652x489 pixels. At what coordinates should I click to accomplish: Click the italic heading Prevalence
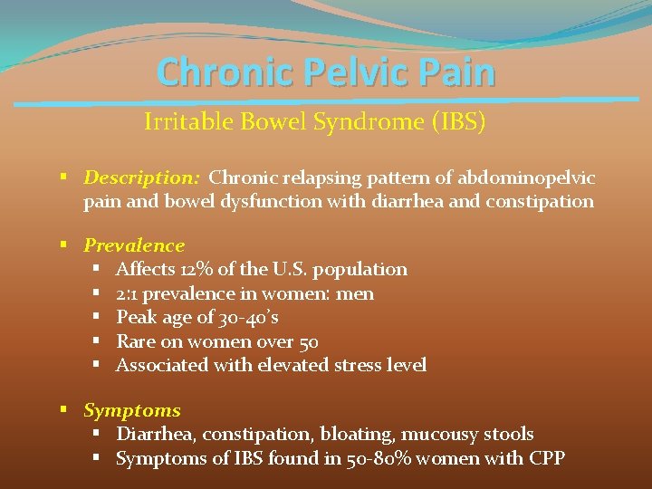(134, 245)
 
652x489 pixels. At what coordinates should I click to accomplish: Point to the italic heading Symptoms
(132, 410)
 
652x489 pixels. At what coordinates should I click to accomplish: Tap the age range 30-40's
(247, 317)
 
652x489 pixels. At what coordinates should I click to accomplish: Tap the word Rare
(137, 341)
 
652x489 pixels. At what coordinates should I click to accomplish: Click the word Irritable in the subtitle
(185, 122)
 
